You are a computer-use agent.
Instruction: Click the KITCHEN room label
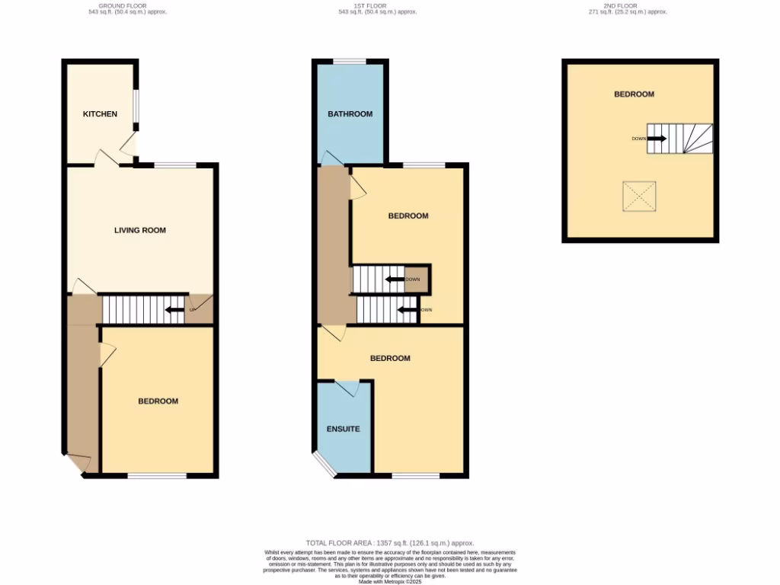pyautogui.click(x=100, y=114)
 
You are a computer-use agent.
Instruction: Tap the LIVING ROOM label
pyautogui.click(x=140, y=230)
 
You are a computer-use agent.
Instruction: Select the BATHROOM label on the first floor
pyautogui.click(x=350, y=114)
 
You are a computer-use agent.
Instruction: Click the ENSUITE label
pyautogui.click(x=344, y=429)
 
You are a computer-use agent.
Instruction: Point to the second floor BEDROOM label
pyautogui.click(x=635, y=94)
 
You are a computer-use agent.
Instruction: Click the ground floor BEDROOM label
pyautogui.click(x=158, y=401)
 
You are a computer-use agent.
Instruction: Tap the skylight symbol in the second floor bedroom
pyautogui.click(x=638, y=197)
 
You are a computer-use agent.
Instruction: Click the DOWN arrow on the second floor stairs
pyautogui.click(x=657, y=139)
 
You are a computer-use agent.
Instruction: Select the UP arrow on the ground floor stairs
pyautogui.click(x=174, y=309)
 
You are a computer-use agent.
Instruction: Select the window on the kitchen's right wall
pyautogui.click(x=136, y=106)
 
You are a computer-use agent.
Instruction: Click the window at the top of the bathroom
pyautogui.click(x=350, y=62)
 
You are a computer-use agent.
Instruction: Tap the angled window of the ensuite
pyautogui.click(x=325, y=465)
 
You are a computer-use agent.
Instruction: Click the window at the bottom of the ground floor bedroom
pyautogui.click(x=157, y=476)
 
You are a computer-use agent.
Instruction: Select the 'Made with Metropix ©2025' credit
pyautogui.click(x=389, y=581)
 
